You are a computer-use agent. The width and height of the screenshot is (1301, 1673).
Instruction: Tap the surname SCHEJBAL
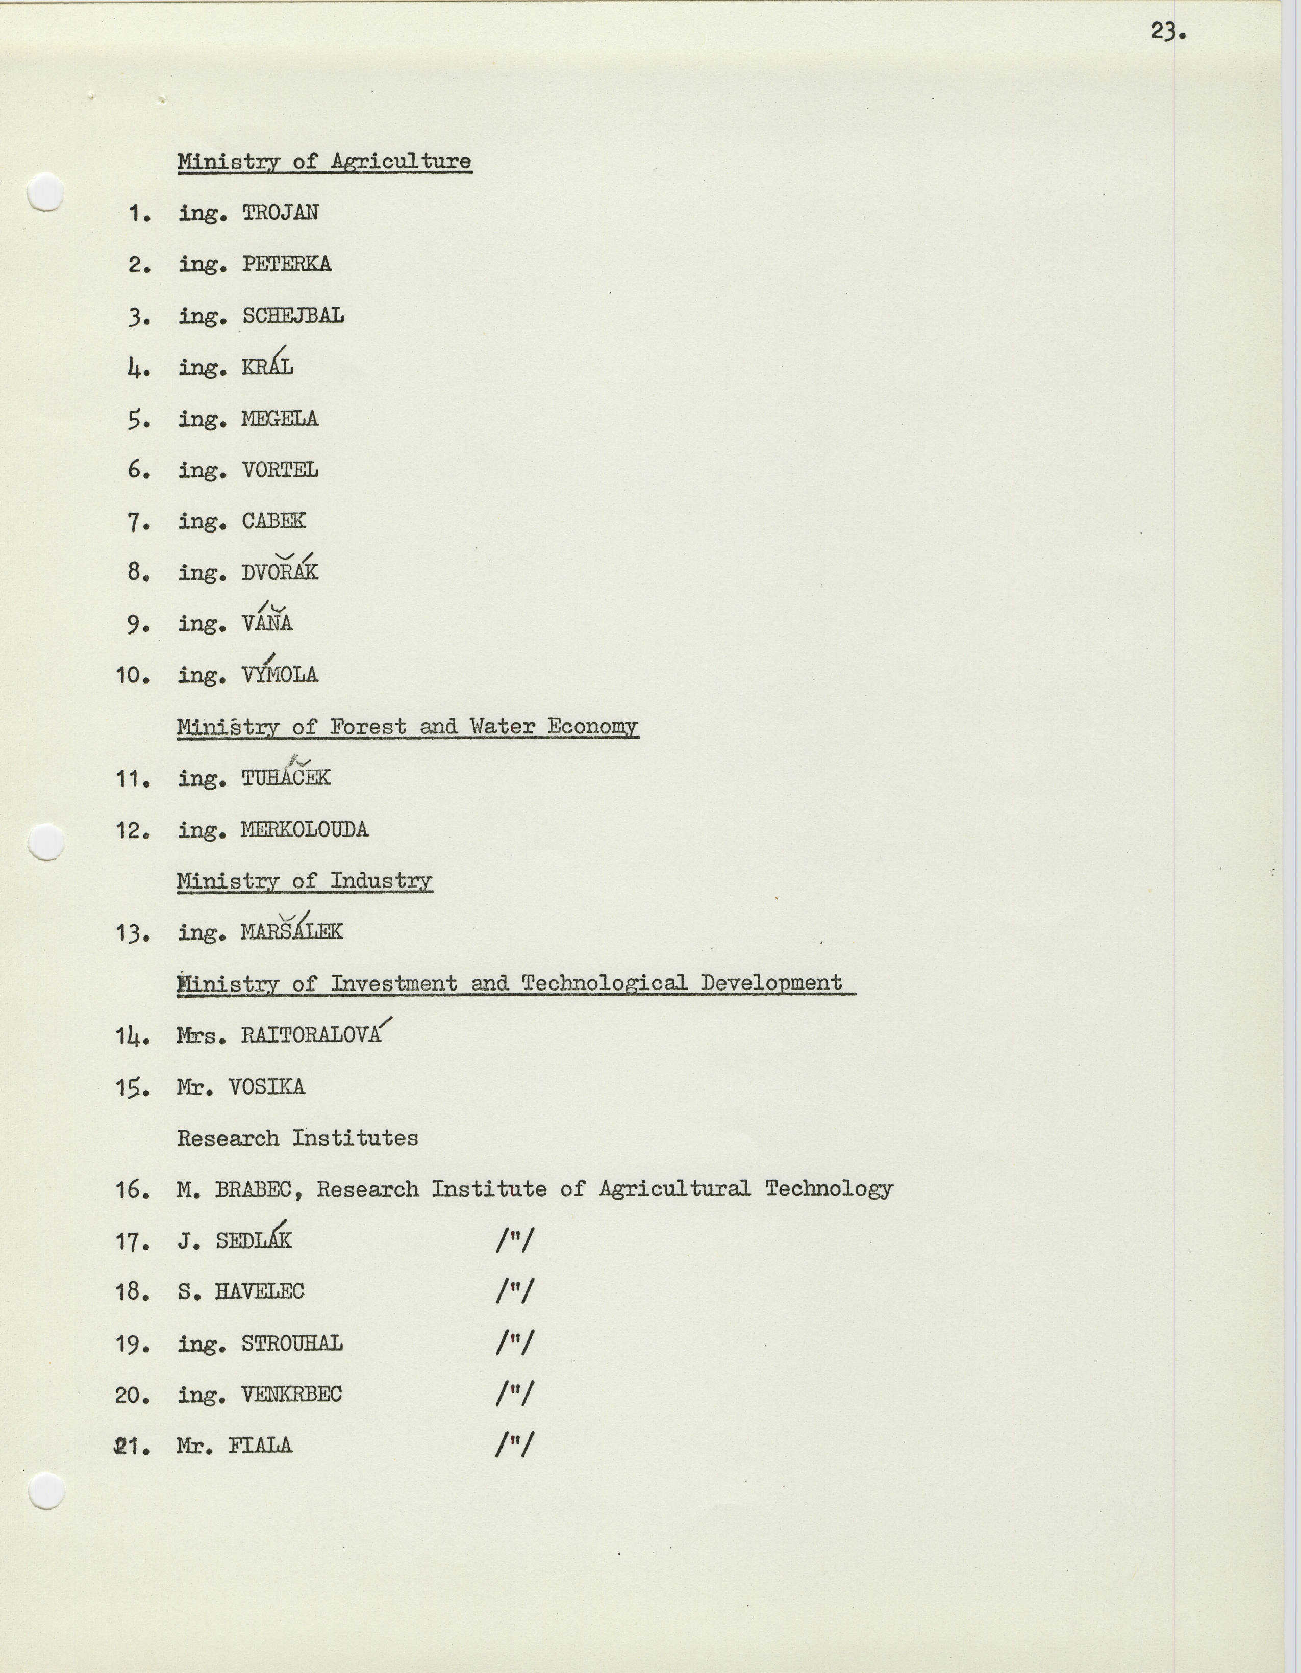click(x=293, y=316)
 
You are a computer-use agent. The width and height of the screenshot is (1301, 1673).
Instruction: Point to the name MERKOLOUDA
click(x=304, y=829)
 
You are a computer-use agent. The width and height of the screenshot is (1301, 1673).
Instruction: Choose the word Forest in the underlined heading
click(x=368, y=726)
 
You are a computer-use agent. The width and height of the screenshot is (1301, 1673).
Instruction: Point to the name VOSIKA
click(x=267, y=1087)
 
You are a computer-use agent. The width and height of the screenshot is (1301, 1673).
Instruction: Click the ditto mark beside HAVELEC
click(x=514, y=1291)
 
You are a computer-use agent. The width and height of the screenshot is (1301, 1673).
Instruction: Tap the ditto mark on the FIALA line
click(x=514, y=1446)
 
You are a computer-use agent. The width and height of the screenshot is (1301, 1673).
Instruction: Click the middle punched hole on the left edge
click(x=45, y=843)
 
